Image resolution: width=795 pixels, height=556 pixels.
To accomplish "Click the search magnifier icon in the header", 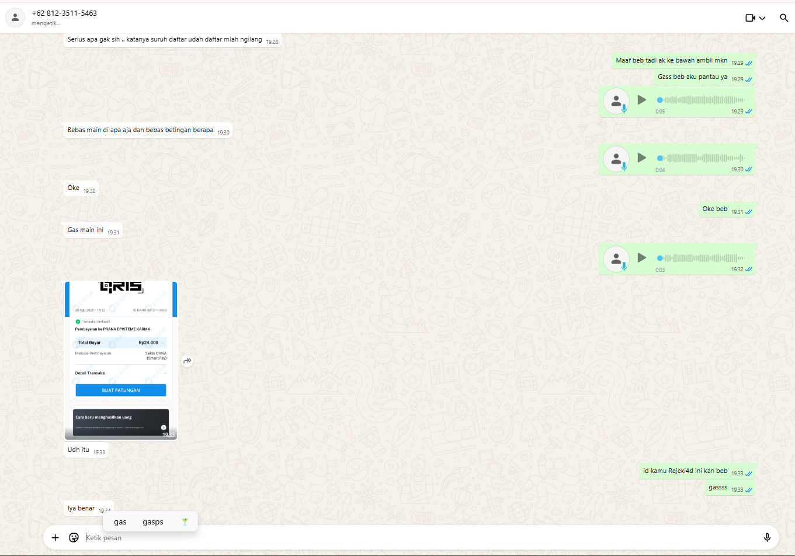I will point(784,18).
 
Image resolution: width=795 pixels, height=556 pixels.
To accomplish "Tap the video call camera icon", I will point(751,18).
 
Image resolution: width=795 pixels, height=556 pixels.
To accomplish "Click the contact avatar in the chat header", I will point(15,18).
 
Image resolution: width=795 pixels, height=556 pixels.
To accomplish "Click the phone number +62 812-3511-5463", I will point(64,13).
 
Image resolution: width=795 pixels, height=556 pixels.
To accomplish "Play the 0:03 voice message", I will point(641,258).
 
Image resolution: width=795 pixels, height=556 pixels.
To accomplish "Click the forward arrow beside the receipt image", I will point(188,361).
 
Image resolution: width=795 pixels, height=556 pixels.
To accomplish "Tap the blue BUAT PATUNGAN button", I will point(121,390).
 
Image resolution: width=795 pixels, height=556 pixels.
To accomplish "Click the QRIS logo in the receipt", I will point(121,286).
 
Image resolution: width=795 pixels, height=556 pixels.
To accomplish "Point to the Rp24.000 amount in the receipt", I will point(148,343).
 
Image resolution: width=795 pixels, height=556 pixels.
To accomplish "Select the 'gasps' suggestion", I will point(153,522).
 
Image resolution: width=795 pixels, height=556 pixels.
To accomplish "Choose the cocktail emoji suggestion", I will point(185,522).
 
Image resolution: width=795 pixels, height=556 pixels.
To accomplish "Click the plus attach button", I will point(55,537).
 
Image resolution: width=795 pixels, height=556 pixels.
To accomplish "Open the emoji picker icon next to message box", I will point(74,537).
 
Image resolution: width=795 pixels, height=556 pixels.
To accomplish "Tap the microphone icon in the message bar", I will point(767,537).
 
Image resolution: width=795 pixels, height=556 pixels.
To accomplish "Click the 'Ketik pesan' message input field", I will point(409,537).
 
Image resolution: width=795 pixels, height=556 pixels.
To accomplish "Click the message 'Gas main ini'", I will point(86,230).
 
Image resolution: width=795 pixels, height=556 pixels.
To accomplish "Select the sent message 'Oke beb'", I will point(715,209).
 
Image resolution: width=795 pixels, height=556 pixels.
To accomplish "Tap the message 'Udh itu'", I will point(79,450).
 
